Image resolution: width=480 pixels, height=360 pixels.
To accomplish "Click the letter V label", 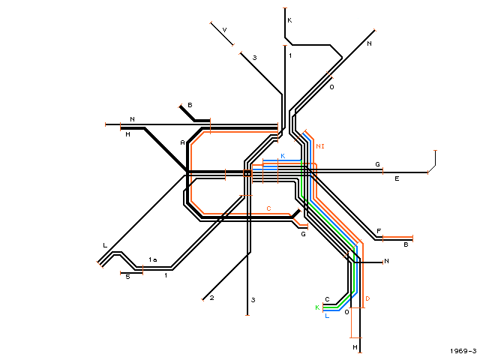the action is click(224, 30).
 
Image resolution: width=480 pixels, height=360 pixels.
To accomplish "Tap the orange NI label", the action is click(320, 146).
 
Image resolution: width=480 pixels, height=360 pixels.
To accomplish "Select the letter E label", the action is click(397, 178).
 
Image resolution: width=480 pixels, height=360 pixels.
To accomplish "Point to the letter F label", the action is click(379, 231).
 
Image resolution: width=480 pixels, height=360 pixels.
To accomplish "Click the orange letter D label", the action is click(367, 298).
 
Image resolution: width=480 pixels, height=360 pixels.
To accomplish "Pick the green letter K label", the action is click(317, 307).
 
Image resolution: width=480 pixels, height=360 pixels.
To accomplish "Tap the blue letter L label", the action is click(327, 316).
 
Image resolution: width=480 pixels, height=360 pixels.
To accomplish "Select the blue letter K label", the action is click(283, 156).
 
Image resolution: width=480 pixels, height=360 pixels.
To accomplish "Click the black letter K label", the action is click(289, 20).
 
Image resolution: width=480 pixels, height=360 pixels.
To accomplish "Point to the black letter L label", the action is click(105, 245).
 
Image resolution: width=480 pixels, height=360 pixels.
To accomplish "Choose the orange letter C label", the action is click(268, 208).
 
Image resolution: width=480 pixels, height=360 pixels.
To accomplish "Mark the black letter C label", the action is click(327, 299).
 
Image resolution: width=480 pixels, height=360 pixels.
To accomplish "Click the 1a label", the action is click(153, 259).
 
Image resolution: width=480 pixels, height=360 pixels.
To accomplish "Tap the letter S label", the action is click(128, 277).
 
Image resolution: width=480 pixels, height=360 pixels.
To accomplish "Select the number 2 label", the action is click(211, 298).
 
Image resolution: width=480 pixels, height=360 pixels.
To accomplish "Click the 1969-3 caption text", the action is click(463, 351).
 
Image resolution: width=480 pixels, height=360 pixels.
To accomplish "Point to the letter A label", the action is click(182, 142).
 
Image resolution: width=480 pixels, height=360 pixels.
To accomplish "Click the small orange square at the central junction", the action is click(247, 173).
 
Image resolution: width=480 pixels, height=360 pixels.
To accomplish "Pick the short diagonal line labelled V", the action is click(222, 34).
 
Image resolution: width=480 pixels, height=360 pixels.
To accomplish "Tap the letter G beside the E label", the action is click(377, 164).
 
